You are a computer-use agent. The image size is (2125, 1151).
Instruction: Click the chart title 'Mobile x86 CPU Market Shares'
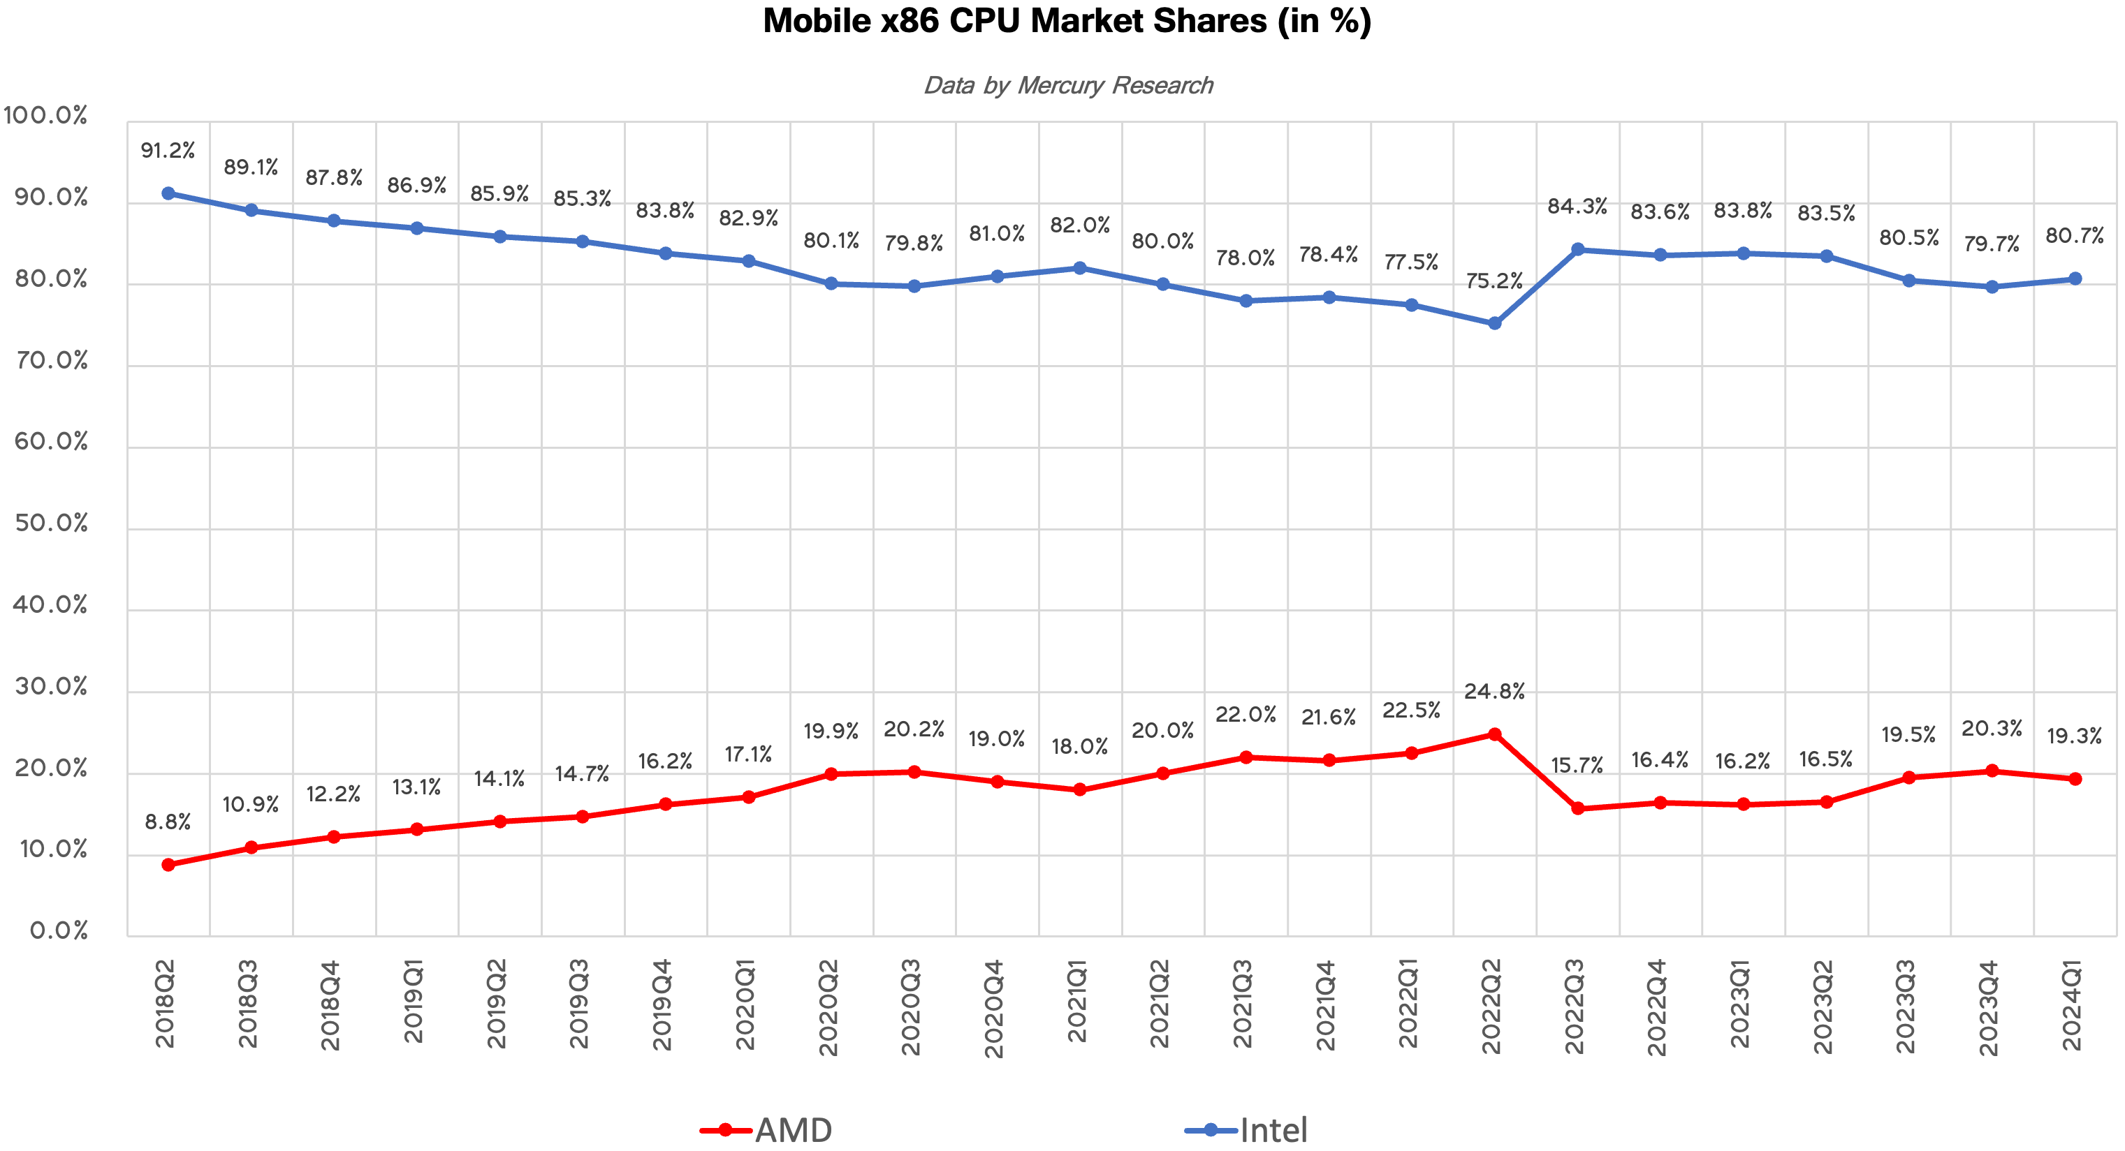[1067, 22]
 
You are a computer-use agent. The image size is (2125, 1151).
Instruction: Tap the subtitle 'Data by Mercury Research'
[1067, 86]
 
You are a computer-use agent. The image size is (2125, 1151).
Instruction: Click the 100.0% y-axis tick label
[45, 115]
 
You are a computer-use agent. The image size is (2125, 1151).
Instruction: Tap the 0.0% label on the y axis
[59, 931]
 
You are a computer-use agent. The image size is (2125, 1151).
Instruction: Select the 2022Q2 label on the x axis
[1491, 1006]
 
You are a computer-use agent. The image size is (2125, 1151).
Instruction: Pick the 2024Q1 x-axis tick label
[2071, 1004]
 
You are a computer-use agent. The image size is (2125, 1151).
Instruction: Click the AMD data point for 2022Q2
[1494, 734]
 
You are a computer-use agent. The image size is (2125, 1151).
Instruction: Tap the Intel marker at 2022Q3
[1577, 249]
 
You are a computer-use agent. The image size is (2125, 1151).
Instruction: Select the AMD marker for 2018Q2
[168, 865]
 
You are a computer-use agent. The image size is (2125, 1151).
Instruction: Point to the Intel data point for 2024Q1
[2075, 279]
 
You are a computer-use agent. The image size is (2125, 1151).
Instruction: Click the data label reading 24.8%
[1494, 692]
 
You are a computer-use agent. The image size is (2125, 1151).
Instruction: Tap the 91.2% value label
[168, 151]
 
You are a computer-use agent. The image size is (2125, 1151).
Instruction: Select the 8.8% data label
[168, 822]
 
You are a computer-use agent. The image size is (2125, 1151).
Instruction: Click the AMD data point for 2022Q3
[1577, 809]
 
